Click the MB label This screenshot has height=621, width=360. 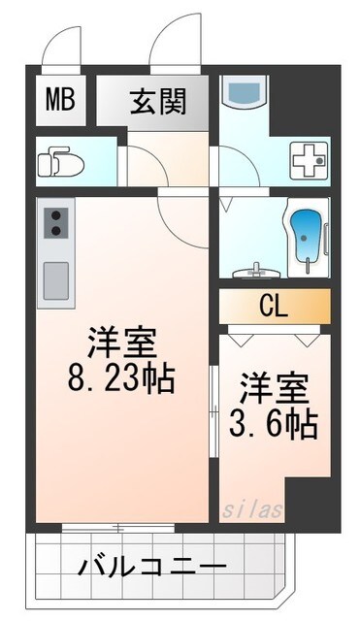coord(60,101)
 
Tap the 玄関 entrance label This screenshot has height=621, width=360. coord(158,100)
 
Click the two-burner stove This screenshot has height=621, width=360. coord(54,222)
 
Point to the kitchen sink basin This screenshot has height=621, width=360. coord(55,280)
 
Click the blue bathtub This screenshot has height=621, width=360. coord(309,236)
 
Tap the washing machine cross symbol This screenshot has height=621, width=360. coord(311,157)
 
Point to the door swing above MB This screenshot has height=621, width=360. coord(68,44)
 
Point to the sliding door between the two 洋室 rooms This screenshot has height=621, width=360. coord(213,408)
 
